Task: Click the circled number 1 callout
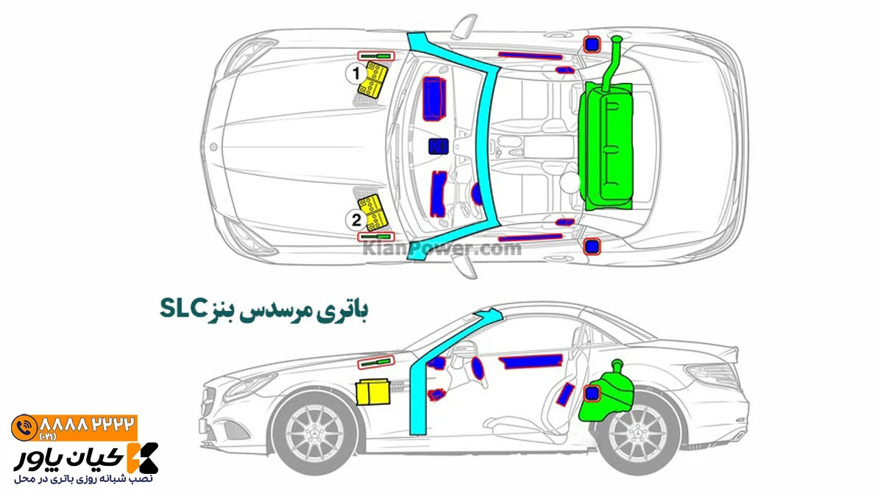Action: point(356,73)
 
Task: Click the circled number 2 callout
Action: point(356,220)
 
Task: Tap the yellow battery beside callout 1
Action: point(373,79)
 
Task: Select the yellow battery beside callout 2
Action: point(373,213)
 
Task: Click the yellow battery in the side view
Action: point(373,392)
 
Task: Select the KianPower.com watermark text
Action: point(441,248)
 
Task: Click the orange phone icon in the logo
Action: point(24,428)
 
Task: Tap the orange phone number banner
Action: point(74,428)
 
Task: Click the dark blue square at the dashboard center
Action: point(439,146)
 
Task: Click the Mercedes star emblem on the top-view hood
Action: point(213,147)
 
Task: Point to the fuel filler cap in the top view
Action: point(617,40)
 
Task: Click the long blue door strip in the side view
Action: point(531,362)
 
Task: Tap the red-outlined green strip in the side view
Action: point(376,362)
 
